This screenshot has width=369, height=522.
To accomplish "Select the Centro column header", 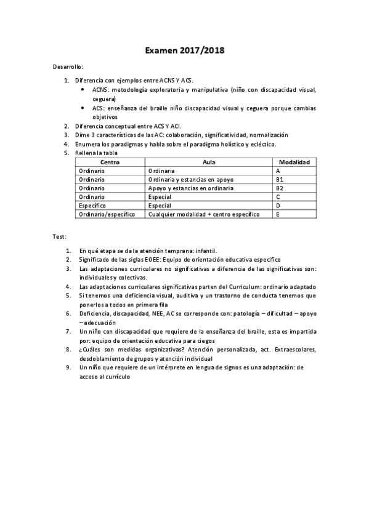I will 110,162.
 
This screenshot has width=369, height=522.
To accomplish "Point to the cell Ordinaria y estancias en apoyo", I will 191,179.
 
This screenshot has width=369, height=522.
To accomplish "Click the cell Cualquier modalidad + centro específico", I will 204,214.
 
